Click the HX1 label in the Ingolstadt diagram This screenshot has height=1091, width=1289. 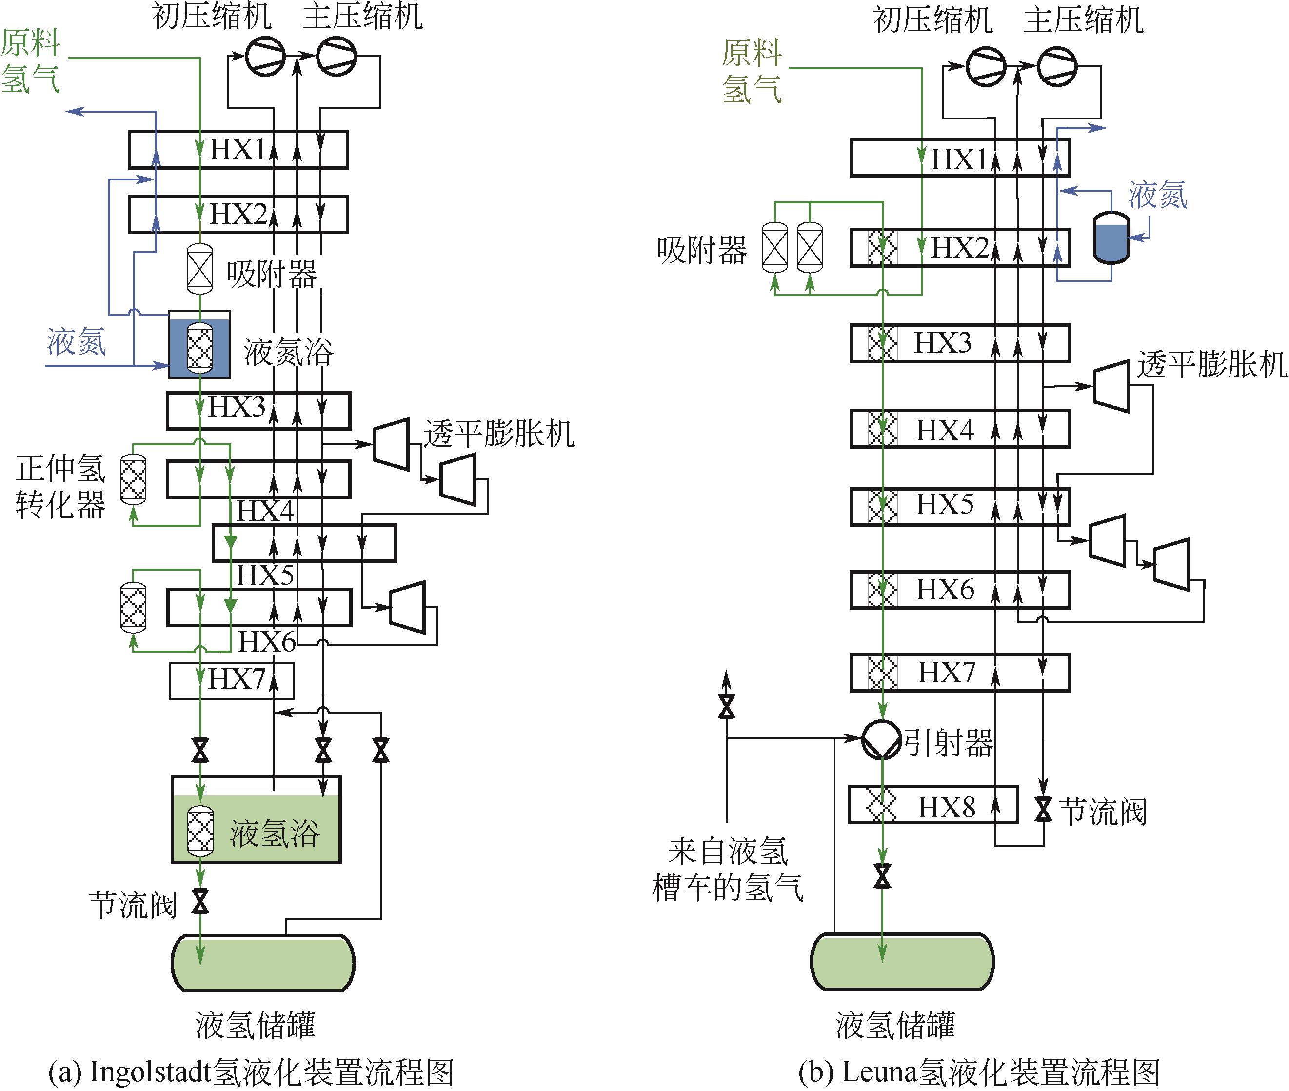[x=237, y=149]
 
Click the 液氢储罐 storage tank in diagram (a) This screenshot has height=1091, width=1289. [x=263, y=963]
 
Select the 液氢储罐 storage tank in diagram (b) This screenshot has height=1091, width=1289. [x=902, y=962]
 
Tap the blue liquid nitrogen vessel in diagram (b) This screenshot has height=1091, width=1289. [x=1111, y=238]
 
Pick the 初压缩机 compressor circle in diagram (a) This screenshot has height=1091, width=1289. [x=265, y=56]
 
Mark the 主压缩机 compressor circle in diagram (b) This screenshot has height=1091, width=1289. [x=1056, y=67]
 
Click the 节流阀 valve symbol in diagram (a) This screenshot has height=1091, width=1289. [x=200, y=902]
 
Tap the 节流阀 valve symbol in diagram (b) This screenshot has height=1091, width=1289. [x=1044, y=809]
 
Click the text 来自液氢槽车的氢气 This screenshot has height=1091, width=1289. [x=727, y=870]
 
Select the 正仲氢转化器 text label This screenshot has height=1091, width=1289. [x=60, y=487]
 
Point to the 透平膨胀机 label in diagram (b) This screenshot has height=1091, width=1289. [x=1211, y=364]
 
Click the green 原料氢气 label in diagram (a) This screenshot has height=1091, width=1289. [x=30, y=60]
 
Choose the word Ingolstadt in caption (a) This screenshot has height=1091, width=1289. [x=150, y=1072]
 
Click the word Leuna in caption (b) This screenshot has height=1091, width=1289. [x=878, y=1072]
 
